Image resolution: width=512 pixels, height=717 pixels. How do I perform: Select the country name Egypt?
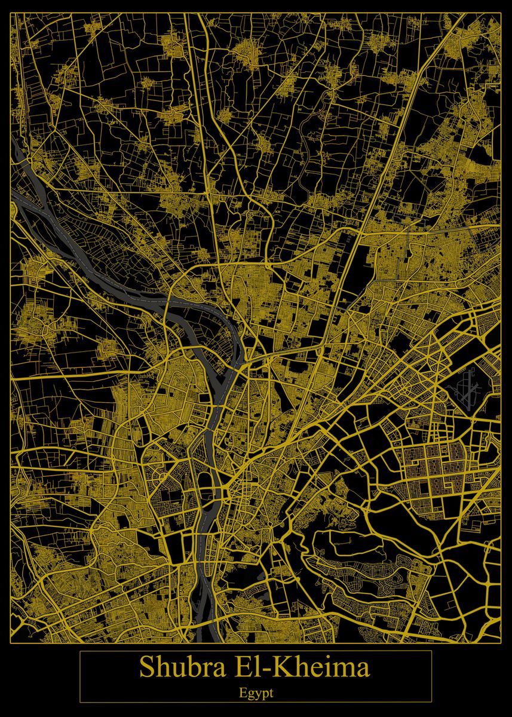pyautogui.click(x=256, y=693)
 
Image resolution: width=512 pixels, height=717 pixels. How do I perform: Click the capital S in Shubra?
pyautogui.click(x=147, y=667)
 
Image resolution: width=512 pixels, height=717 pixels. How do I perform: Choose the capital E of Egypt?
pyautogui.click(x=242, y=693)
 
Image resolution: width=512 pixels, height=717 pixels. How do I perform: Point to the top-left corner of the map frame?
pyautogui.click(x=11, y=11)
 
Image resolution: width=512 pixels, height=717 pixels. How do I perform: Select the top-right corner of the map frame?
pyautogui.click(x=501, y=11)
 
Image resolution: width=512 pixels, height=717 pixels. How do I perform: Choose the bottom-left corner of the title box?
pyautogui.click(x=80, y=702)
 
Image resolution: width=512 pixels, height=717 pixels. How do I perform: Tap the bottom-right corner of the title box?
pyautogui.click(x=431, y=702)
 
